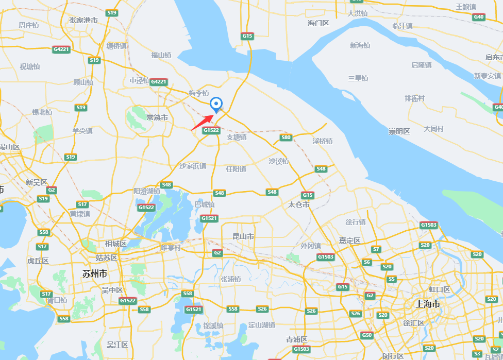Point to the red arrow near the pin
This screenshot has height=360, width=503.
click(x=202, y=122)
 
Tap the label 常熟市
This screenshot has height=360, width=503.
click(x=157, y=118)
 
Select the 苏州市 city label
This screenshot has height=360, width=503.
click(x=95, y=273)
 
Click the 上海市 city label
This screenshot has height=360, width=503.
click(x=428, y=304)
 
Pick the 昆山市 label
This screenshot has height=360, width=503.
click(x=243, y=237)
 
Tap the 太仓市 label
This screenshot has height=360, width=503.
click(x=299, y=205)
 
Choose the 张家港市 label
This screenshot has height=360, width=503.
click(x=83, y=20)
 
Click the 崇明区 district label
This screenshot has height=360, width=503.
click(x=399, y=132)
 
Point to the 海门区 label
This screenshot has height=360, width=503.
click(x=318, y=23)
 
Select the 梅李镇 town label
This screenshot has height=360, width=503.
click(x=199, y=93)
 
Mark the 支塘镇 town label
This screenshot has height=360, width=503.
click(x=237, y=137)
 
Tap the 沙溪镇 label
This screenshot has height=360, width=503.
click(x=279, y=161)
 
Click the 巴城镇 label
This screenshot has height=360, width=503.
click(x=205, y=204)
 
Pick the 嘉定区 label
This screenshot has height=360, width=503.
click(x=350, y=241)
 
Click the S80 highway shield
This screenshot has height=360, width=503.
click(x=286, y=138)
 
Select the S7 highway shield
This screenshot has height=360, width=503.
click(x=376, y=249)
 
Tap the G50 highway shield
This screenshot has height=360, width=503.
click(x=367, y=335)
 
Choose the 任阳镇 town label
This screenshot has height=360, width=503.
click(x=236, y=169)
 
